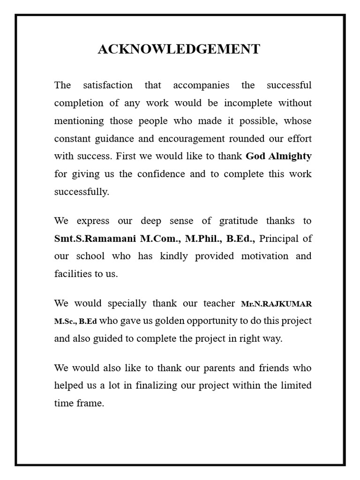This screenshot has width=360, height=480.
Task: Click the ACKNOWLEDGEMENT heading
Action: click(x=179, y=49)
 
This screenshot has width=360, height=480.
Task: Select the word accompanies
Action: click(x=201, y=85)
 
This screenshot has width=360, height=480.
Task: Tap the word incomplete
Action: click(x=247, y=103)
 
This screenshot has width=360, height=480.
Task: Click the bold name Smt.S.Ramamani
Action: click(x=95, y=238)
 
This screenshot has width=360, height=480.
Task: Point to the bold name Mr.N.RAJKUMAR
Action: click(x=276, y=304)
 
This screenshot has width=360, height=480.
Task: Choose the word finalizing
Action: click(x=157, y=385)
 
